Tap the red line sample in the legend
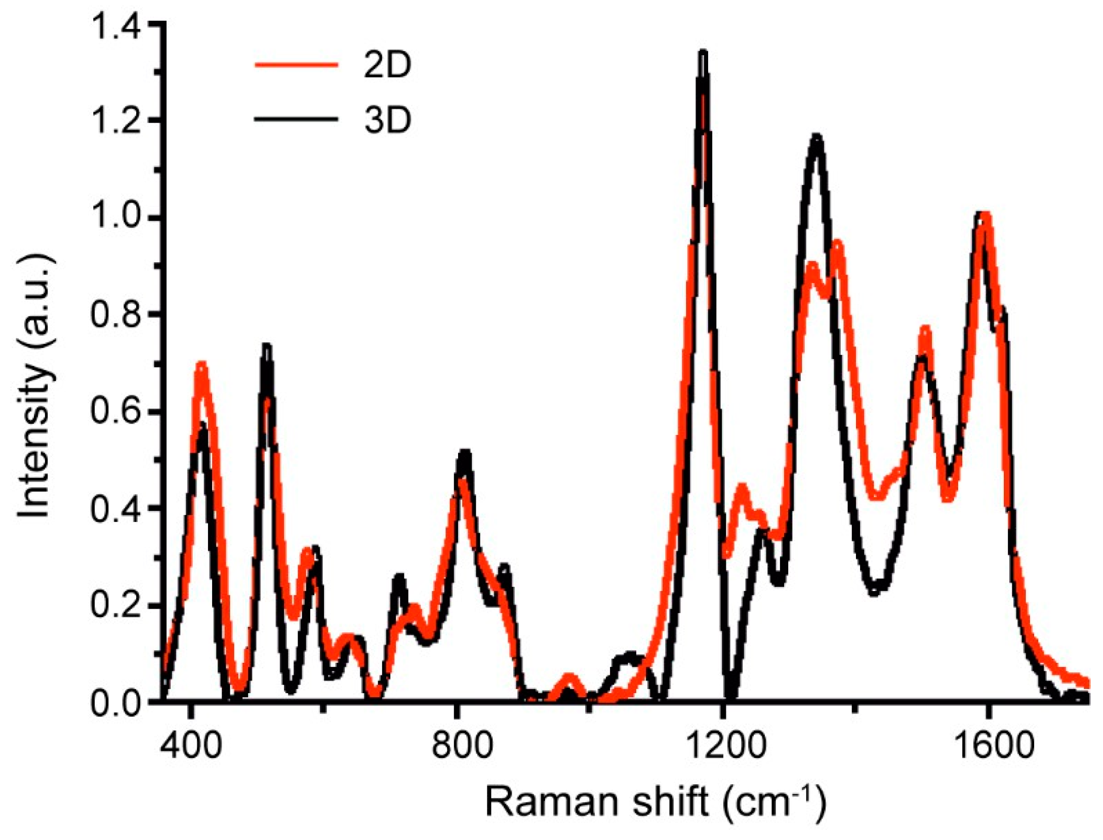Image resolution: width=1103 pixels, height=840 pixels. pos(296,64)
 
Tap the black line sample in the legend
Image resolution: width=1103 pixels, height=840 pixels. pos(296,119)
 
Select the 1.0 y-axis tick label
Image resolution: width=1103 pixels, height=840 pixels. pos(115,219)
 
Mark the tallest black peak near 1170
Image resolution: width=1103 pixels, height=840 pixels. pos(703,53)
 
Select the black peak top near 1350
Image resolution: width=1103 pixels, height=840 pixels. pos(816,137)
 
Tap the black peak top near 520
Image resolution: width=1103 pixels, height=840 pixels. pos(267,346)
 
